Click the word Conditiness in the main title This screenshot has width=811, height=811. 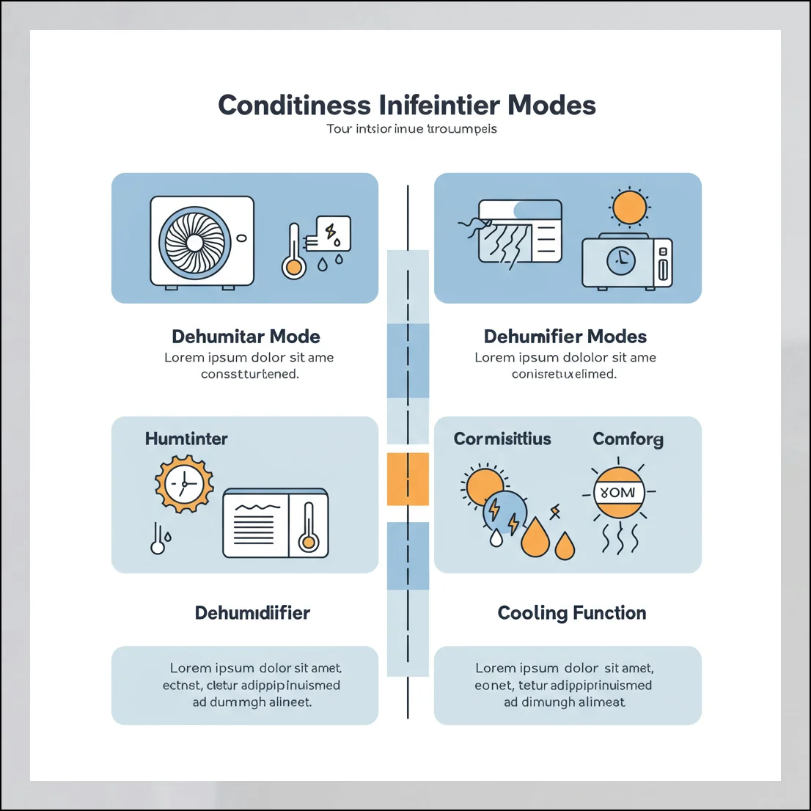[294, 105]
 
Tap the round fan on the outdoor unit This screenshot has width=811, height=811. [195, 242]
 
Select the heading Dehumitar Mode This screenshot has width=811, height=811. [246, 337]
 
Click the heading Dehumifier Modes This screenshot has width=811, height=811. [565, 337]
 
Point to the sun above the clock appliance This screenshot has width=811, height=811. [629, 208]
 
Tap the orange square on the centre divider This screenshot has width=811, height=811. [407, 479]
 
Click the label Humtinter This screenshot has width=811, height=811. [186, 438]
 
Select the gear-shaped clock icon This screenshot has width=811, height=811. [184, 484]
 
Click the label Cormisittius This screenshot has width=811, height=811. [502, 438]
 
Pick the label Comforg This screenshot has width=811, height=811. [628, 438]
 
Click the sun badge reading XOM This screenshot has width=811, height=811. [619, 493]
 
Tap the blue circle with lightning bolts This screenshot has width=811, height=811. [505, 510]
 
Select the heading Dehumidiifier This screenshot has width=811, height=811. [252, 612]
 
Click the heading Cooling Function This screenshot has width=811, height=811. [572, 612]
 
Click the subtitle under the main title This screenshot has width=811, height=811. [411, 129]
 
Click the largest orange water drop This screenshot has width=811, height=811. [535, 539]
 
